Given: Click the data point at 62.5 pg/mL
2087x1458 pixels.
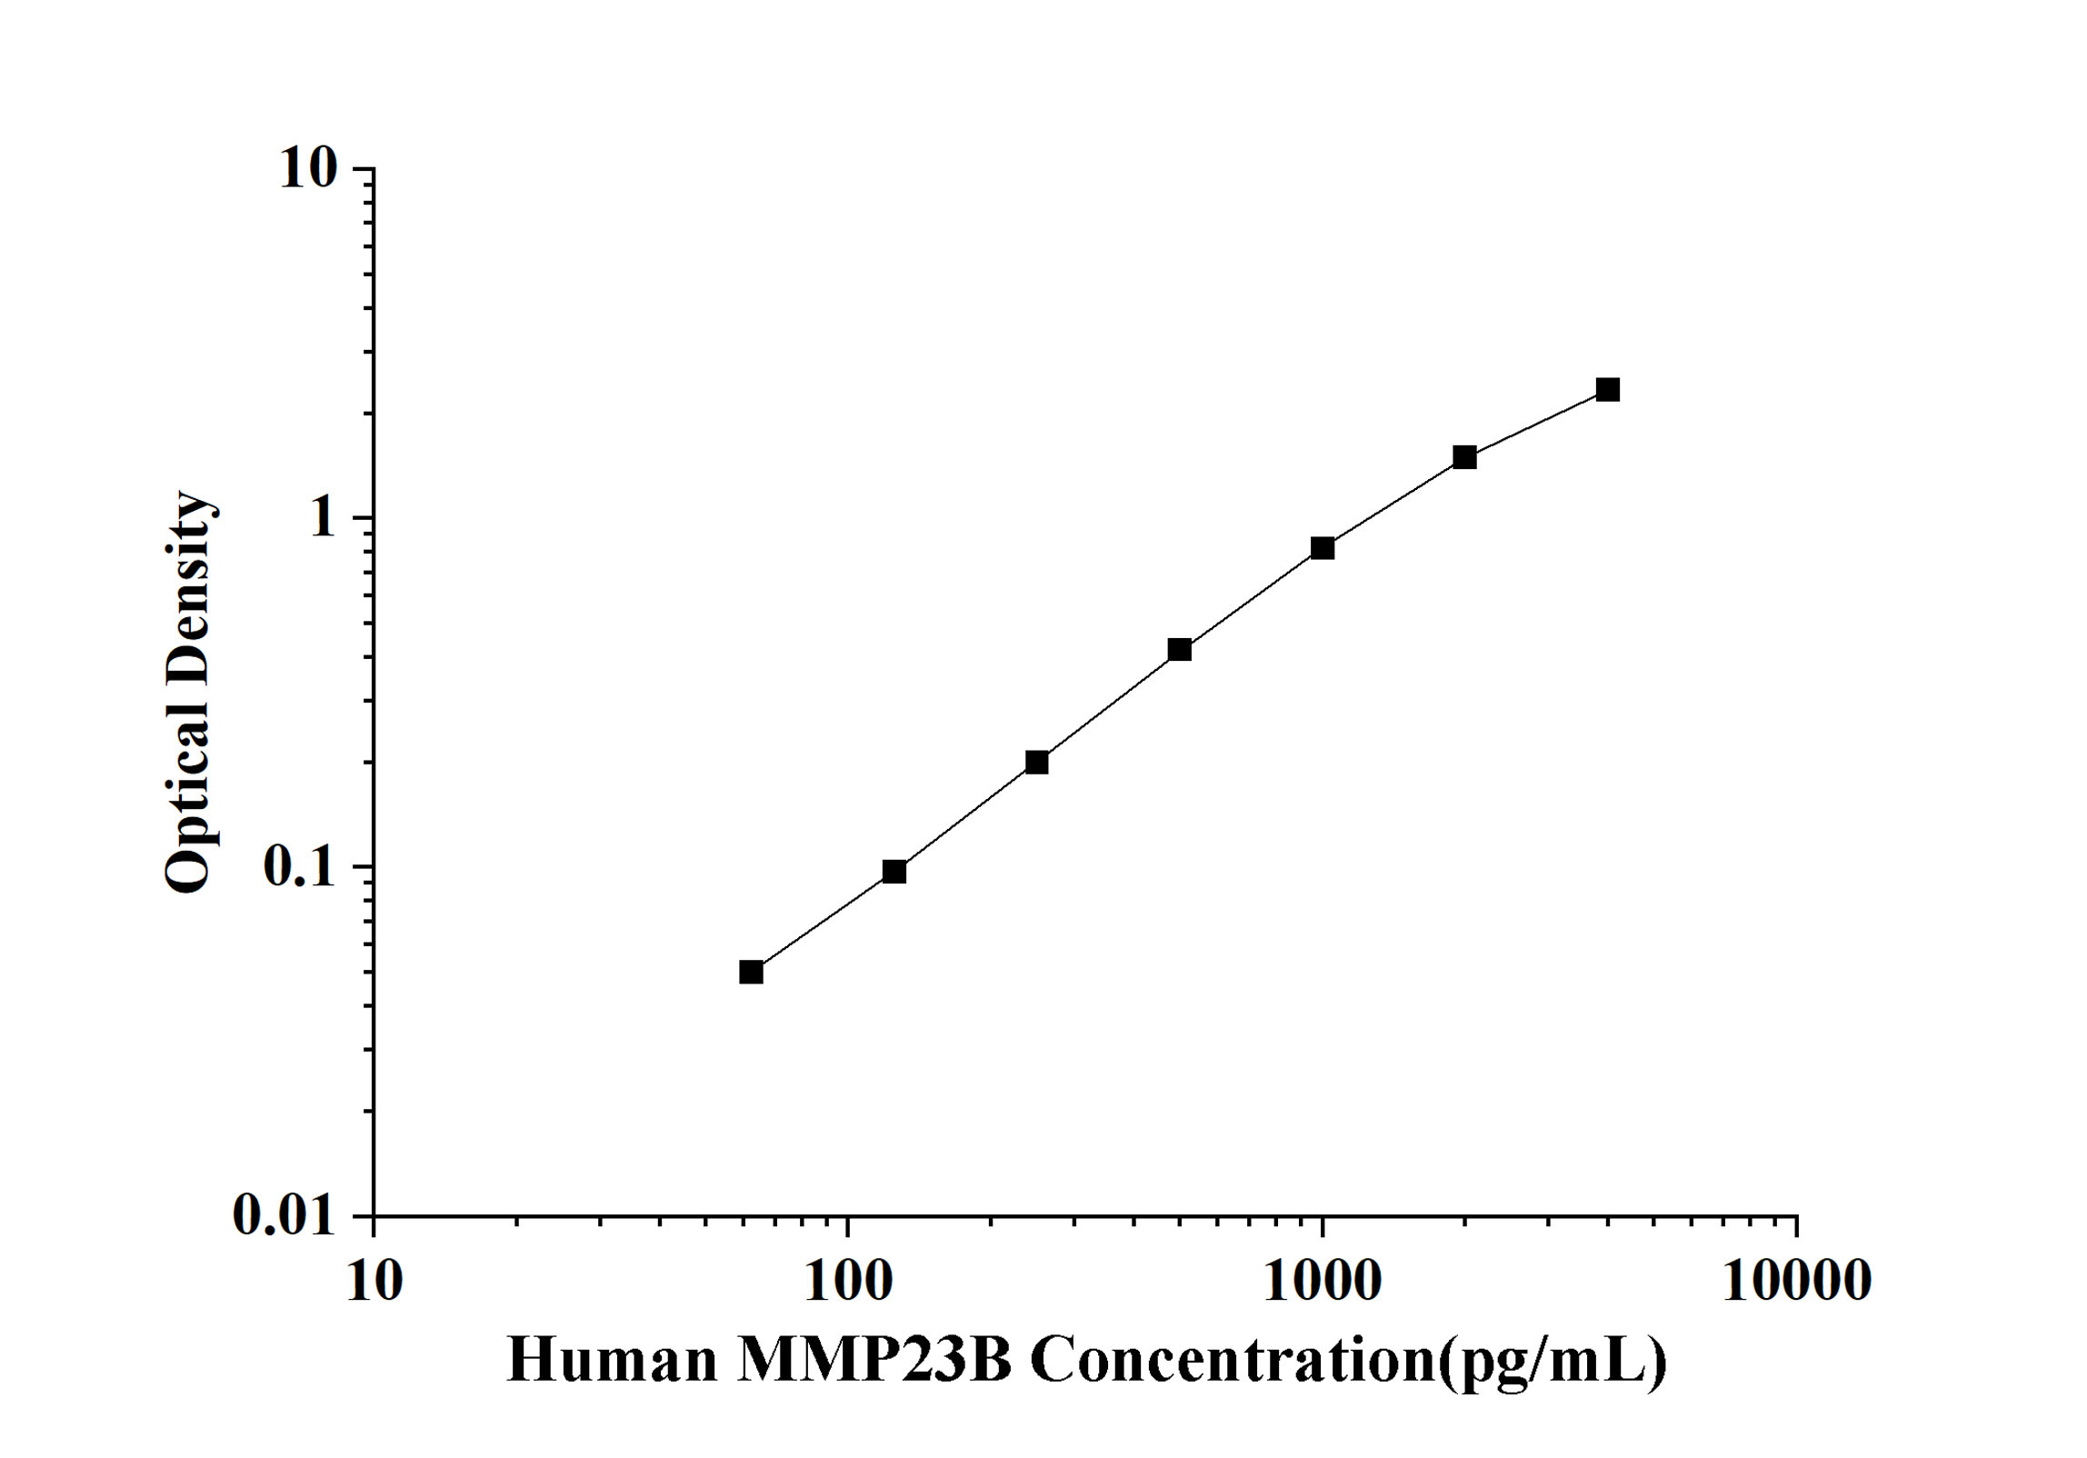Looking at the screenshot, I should (x=751, y=973).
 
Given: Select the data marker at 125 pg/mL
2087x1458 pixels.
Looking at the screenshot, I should (x=894, y=872).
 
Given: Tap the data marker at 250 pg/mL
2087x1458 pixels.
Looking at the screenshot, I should (x=1037, y=762).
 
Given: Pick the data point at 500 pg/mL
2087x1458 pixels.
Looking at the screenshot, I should (x=1180, y=649).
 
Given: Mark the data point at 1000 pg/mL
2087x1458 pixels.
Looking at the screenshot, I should (x=1323, y=548).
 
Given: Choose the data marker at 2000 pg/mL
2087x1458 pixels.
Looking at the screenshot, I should (x=1464, y=457).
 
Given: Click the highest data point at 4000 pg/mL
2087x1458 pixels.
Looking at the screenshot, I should (x=1608, y=390).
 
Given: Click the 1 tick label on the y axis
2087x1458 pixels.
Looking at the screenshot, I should (x=321, y=518).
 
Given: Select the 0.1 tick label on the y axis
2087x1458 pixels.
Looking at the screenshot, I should (x=299, y=867).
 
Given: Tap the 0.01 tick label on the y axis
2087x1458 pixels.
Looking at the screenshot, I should (x=285, y=1215).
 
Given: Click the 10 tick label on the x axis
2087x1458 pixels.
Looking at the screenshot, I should (x=374, y=1281).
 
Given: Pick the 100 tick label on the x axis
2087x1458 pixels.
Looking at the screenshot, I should (x=848, y=1281).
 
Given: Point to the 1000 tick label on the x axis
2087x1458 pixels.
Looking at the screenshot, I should (x=1323, y=1281).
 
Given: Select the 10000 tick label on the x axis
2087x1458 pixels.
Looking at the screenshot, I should (x=1796, y=1281).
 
